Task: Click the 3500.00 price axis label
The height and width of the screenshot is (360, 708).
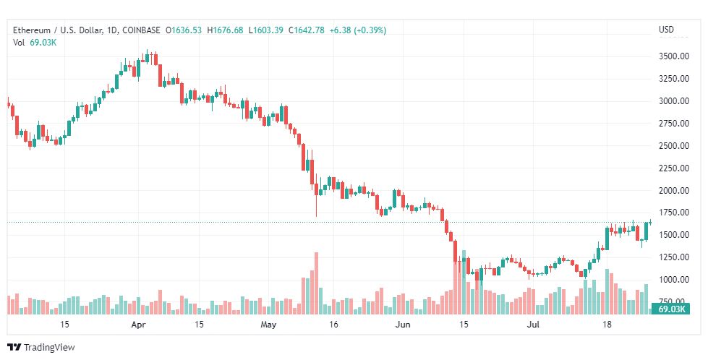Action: (674, 56)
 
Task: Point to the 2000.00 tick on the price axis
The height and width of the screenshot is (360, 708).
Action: (674, 190)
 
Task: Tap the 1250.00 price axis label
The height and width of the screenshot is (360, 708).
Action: (674, 257)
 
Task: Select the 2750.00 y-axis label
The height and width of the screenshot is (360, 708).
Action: (674, 123)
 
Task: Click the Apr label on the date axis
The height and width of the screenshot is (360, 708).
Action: (138, 325)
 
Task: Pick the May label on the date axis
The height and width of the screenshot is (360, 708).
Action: (268, 325)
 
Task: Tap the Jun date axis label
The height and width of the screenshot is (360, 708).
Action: (402, 325)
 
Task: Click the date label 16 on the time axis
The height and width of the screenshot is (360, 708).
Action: (333, 325)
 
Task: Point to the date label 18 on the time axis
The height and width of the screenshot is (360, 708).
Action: (607, 325)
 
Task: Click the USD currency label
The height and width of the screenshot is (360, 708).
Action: (666, 30)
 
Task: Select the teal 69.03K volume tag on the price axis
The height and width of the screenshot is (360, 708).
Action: (670, 309)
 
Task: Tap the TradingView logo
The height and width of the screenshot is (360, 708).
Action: (40, 348)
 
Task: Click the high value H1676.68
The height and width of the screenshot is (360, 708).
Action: (225, 30)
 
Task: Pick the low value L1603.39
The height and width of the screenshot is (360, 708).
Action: (268, 30)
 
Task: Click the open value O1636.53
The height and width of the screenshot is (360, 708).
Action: (183, 30)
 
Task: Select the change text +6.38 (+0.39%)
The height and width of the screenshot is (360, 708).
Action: (357, 30)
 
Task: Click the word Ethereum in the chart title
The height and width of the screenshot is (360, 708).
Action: (32, 30)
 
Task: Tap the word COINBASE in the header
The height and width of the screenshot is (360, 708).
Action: (141, 30)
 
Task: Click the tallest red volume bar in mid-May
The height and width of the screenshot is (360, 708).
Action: (316, 283)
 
